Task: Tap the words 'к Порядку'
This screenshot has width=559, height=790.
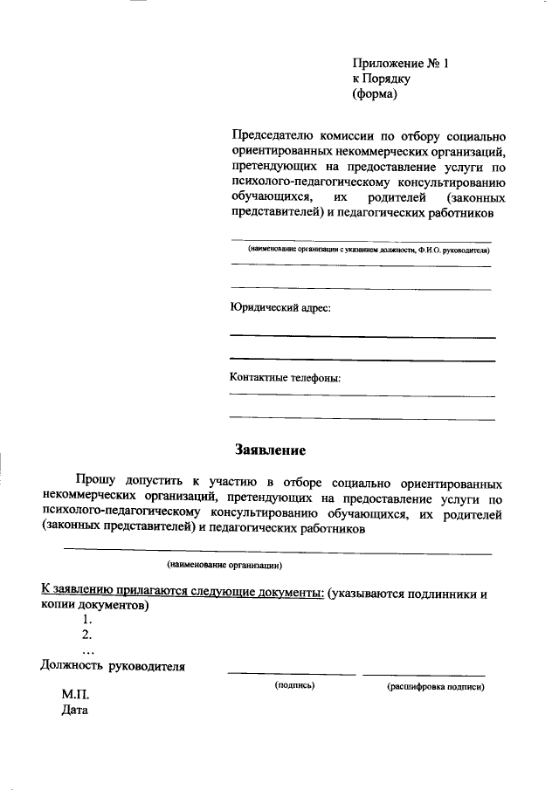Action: [x=381, y=79]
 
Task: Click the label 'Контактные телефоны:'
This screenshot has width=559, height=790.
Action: [x=285, y=378]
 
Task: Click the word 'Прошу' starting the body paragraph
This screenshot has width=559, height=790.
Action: [x=96, y=481]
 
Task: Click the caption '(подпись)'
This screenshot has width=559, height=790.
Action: [x=294, y=686]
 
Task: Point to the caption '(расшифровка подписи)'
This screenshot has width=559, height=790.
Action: [x=435, y=687]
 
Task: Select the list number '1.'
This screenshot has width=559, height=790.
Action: [x=86, y=619]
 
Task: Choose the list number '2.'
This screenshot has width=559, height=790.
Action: [x=86, y=635]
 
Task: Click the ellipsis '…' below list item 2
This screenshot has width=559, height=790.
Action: [x=87, y=650]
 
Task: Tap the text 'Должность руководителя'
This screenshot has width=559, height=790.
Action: [x=114, y=667]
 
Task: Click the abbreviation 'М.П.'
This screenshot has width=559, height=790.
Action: [x=75, y=695]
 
